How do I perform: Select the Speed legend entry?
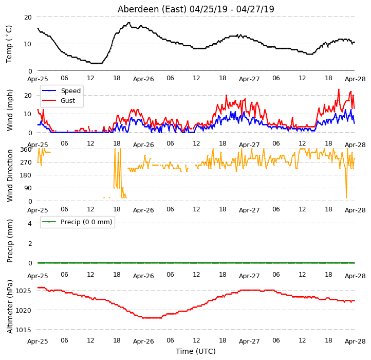(61, 91)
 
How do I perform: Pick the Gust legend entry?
(59, 101)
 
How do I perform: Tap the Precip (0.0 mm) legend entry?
(77, 222)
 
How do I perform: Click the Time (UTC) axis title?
(196, 351)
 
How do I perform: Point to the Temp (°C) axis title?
(9, 44)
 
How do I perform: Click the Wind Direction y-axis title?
(9, 175)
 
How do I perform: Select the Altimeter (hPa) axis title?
(9, 307)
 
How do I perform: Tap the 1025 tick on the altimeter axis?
(23, 291)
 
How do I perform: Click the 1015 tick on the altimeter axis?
(23, 330)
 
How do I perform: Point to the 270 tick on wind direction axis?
(26, 163)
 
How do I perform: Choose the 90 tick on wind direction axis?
(28, 188)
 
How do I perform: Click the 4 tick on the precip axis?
(30, 223)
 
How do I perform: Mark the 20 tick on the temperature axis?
(28, 17)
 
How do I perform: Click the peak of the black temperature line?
(129, 23)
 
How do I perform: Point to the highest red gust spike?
(339, 89)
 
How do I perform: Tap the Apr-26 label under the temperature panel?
(143, 79)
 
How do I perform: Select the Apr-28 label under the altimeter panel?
(355, 341)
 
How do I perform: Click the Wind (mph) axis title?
(9, 110)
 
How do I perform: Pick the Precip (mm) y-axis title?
(9, 241)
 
